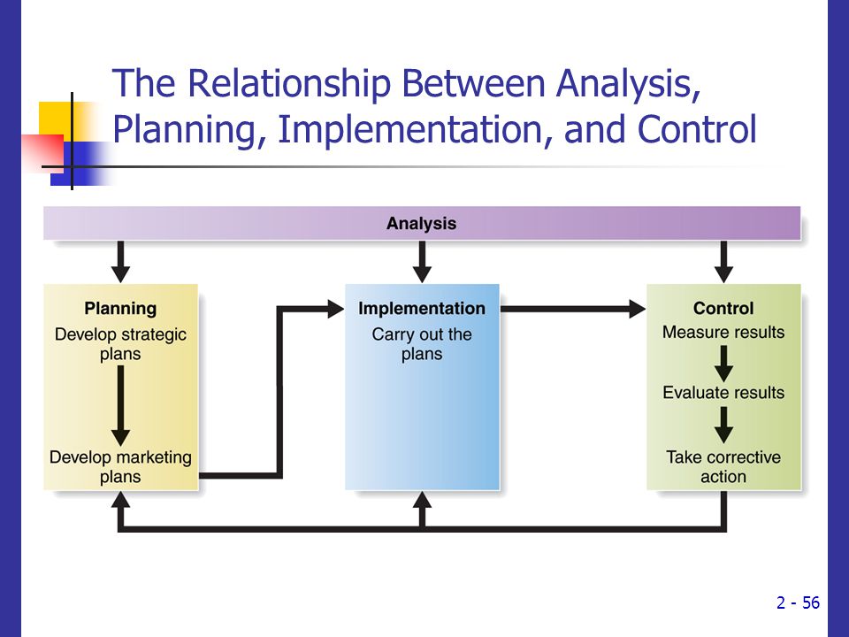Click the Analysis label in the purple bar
click(x=421, y=223)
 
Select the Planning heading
click(x=120, y=308)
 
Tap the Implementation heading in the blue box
click(x=422, y=308)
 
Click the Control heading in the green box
click(x=723, y=308)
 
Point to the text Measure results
click(x=723, y=332)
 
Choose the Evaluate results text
click(x=723, y=392)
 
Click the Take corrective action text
click(x=723, y=467)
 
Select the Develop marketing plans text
click(x=120, y=467)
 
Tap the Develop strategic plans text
click(x=120, y=344)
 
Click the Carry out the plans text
click(x=422, y=344)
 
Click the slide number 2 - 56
click(x=798, y=602)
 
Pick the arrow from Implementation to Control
click(x=573, y=309)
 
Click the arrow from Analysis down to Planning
click(x=120, y=262)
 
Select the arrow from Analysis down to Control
click(x=723, y=262)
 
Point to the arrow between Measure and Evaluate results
click(x=723, y=364)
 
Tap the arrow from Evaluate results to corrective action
click(x=723, y=425)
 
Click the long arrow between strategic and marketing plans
click(x=120, y=406)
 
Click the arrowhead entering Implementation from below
click(x=422, y=499)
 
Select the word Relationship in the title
click(x=288, y=83)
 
